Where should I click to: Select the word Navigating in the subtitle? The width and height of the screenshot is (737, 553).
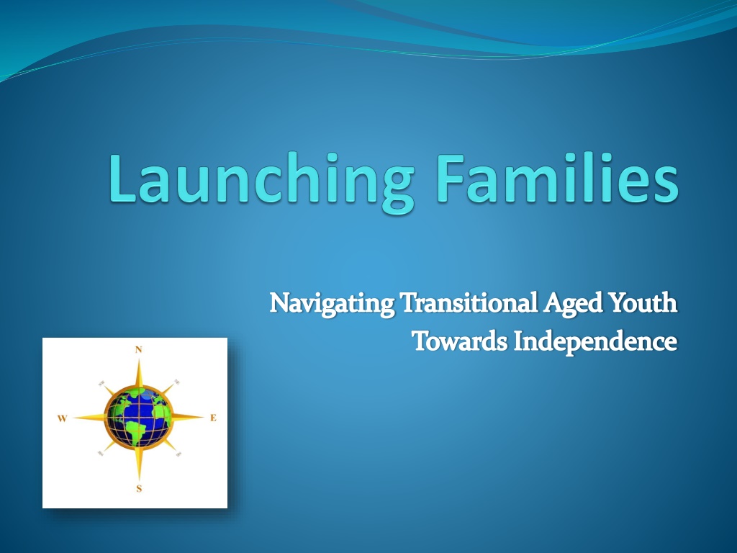(x=332, y=304)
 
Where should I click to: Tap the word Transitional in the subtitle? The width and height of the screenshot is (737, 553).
(x=469, y=302)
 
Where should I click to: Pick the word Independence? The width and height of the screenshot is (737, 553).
(x=595, y=342)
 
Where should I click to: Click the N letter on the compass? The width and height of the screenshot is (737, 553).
(x=139, y=349)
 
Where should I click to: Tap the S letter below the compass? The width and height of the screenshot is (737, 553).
(x=139, y=489)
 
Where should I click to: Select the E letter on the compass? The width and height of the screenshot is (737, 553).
(x=213, y=418)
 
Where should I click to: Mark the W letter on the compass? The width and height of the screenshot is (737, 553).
(x=62, y=418)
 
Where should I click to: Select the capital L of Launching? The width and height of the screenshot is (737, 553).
(x=122, y=179)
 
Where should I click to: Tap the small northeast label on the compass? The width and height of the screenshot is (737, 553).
(x=177, y=382)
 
